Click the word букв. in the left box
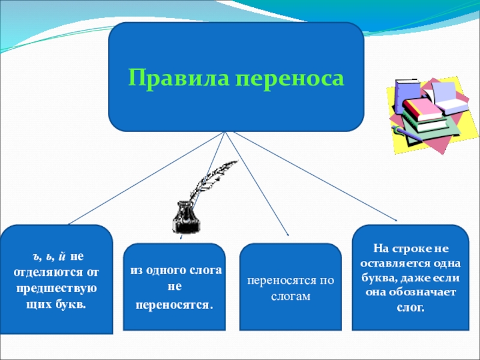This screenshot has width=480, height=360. (x=72, y=304)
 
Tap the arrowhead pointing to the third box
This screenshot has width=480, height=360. (x=287, y=233)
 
